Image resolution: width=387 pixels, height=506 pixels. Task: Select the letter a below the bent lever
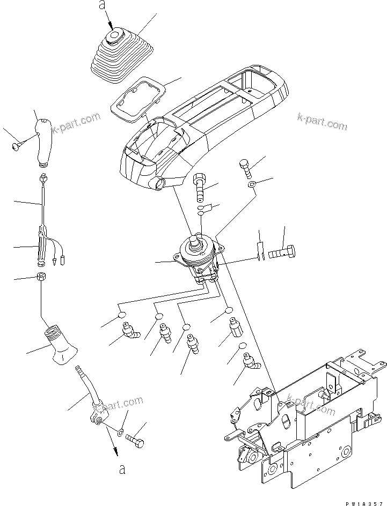122,470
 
